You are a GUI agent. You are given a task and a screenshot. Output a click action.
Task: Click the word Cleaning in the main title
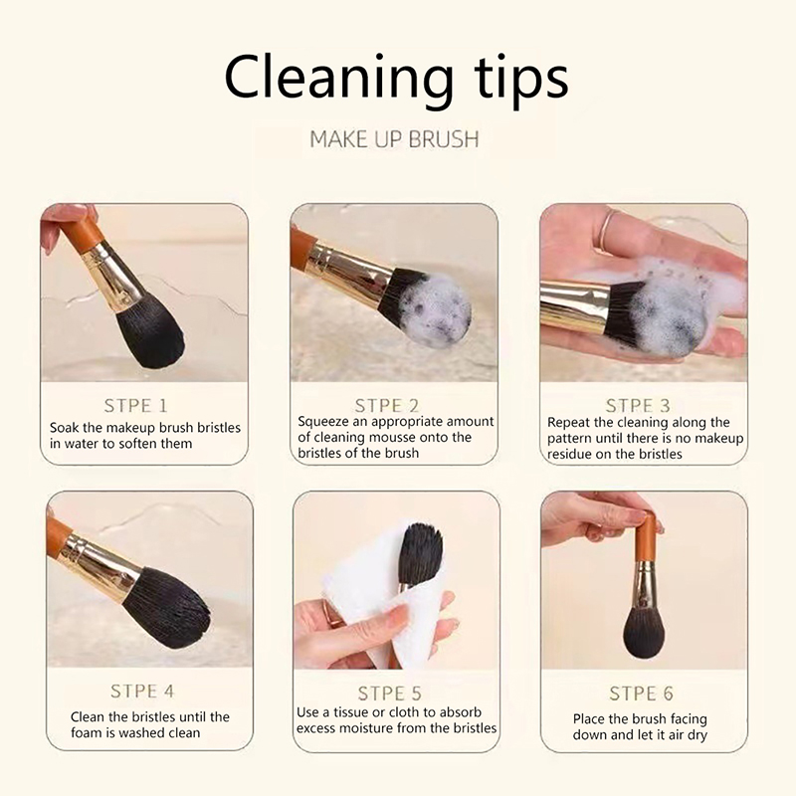click(x=338, y=79)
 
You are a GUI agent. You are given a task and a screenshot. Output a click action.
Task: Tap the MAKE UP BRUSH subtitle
click(x=394, y=139)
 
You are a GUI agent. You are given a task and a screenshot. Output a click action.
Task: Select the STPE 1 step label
click(x=135, y=406)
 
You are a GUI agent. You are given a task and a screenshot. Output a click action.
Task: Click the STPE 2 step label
click(x=387, y=406)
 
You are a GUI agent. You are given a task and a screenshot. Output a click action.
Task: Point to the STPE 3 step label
click(x=638, y=406)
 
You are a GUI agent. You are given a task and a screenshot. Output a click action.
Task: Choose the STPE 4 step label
click(x=142, y=691)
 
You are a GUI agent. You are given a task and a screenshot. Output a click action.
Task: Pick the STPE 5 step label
click(x=389, y=693)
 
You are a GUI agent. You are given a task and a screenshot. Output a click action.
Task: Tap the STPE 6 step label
click(x=641, y=693)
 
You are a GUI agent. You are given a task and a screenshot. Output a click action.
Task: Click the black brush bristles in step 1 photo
click(x=150, y=336)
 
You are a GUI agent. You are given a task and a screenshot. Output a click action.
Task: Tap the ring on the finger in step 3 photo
click(x=608, y=232)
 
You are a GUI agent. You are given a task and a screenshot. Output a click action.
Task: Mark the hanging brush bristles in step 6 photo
click(x=643, y=631)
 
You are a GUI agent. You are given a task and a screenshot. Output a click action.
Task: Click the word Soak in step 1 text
click(x=64, y=428)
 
